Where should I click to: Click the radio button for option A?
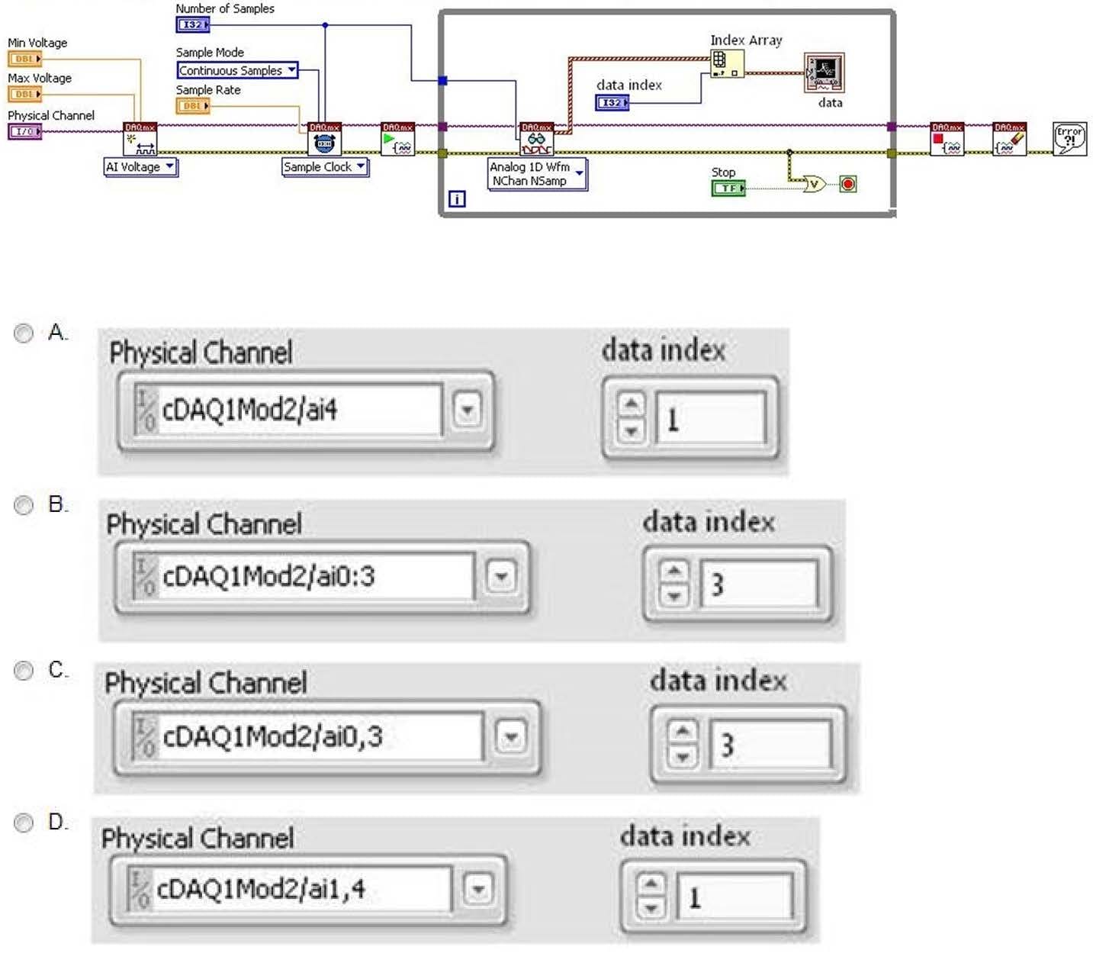24,333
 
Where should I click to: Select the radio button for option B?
24,505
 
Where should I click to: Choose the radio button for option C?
24,671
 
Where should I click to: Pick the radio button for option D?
24,823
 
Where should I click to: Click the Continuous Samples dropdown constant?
237,70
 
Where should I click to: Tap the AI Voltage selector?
140,167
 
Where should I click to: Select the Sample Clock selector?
325,167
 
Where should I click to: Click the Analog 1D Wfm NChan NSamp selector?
536,174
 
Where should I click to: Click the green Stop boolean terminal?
728,188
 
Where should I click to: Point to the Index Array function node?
726,63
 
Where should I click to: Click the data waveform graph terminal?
824,73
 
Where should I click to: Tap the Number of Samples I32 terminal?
192,24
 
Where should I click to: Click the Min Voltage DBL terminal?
24,59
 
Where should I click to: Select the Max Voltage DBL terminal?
24,94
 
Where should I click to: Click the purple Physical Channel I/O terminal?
24,131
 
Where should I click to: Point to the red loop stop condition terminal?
847,184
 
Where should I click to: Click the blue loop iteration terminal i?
457,199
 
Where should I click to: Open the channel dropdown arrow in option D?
478,889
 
